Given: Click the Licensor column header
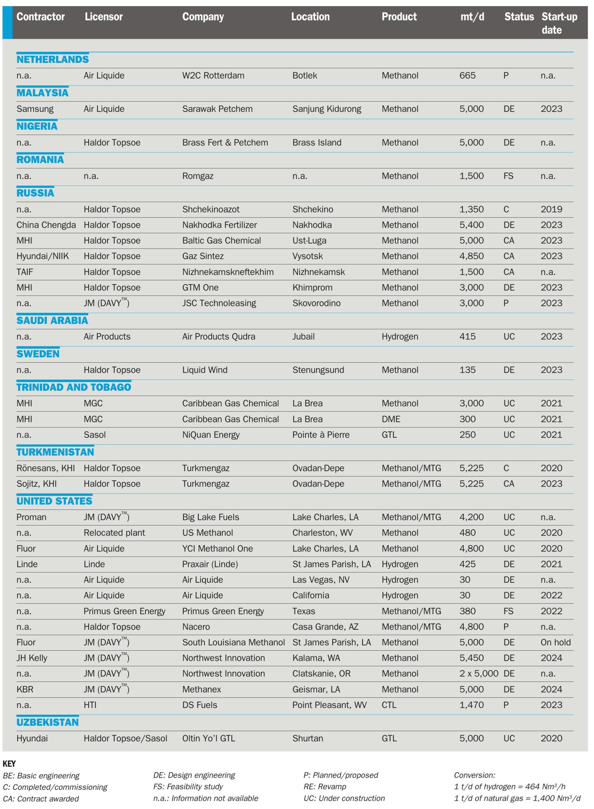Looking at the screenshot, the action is (x=104, y=16).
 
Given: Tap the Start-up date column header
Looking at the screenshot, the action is (x=559, y=23).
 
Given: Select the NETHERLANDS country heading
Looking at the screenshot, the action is (x=52, y=59).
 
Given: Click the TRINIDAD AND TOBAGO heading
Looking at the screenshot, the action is (x=74, y=387).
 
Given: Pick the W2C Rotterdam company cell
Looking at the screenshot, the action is (x=213, y=76).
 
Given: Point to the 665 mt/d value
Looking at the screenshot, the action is (x=468, y=76).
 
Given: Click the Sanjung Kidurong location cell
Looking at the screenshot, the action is (x=327, y=109).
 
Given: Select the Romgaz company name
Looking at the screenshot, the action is (x=198, y=176).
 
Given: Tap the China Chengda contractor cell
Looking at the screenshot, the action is (x=46, y=225).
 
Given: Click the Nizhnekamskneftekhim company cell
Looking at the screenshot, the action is (x=228, y=272).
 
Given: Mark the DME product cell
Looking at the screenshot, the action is (x=391, y=419).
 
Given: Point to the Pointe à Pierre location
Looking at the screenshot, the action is (x=321, y=435).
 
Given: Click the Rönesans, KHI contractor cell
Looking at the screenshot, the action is (x=46, y=468).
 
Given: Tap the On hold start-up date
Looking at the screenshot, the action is (x=555, y=642).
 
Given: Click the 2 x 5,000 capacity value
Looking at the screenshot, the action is (x=479, y=673).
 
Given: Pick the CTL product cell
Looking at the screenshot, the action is (x=389, y=705).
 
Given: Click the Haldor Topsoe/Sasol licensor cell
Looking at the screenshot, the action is (x=126, y=738).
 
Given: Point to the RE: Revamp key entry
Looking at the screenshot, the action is (x=325, y=786).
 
